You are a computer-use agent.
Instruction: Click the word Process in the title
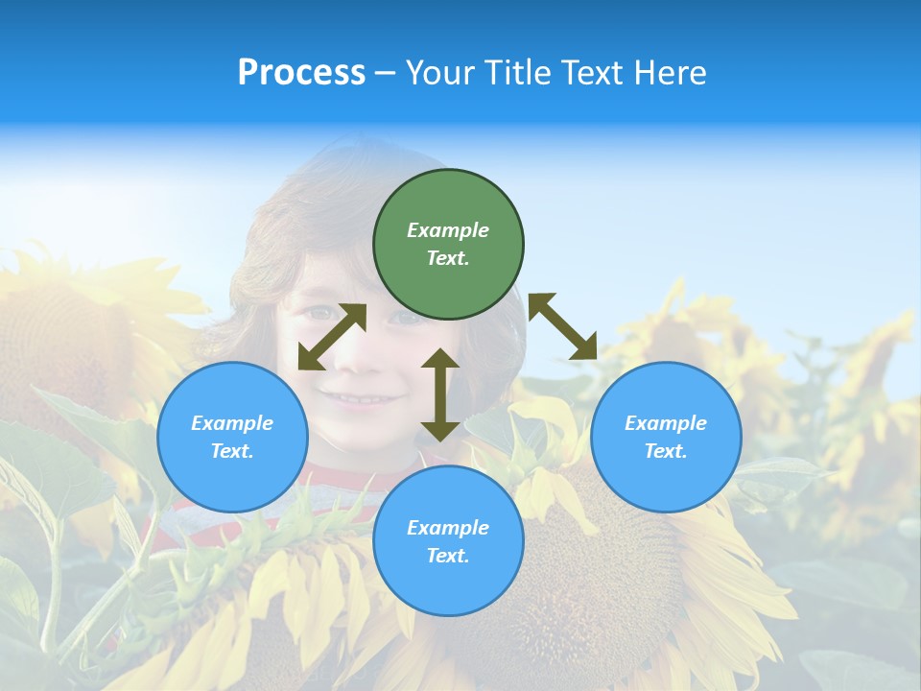pyautogui.click(x=301, y=73)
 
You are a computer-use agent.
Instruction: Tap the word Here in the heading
pyautogui.click(x=671, y=73)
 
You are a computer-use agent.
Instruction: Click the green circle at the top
pyautogui.click(x=448, y=244)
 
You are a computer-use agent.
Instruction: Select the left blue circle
pyautogui.click(x=232, y=437)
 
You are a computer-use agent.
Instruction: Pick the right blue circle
pyautogui.click(x=666, y=437)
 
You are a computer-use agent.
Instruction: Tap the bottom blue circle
pyautogui.click(x=448, y=541)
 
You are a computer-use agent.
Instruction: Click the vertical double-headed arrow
pyautogui.click(x=440, y=395)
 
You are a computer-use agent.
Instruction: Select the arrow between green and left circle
pyautogui.click(x=332, y=337)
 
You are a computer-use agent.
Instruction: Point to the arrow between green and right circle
pyautogui.click(x=563, y=326)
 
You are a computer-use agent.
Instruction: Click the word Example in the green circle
pyautogui.click(x=448, y=230)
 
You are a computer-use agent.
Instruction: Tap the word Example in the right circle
pyautogui.click(x=666, y=423)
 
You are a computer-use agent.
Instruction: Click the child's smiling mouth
pyautogui.click(x=360, y=396)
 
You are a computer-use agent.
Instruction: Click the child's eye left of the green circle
pyautogui.click(x=324, y=313)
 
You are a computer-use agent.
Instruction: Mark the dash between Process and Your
pyautogui.click(x=386, y=73)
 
